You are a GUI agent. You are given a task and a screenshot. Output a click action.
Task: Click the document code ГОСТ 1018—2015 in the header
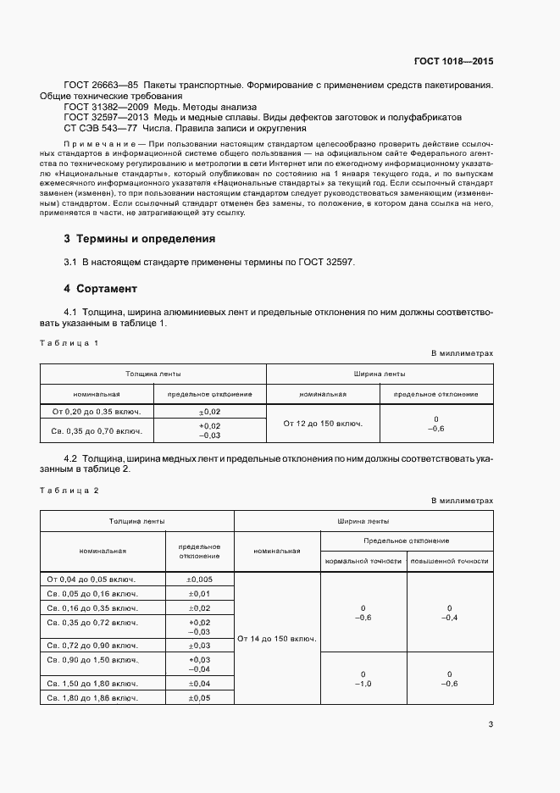tap(453, 61)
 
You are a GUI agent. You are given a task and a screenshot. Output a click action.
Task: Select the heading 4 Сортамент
tap(97, 288)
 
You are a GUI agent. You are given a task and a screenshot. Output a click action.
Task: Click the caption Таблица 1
tap(70, 343)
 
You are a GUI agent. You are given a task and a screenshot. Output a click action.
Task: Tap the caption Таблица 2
tap(70, 491)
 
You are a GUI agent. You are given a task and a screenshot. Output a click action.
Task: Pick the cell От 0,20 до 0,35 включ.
tap(97, 411)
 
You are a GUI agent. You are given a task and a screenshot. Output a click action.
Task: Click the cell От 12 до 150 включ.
tap(323, 423)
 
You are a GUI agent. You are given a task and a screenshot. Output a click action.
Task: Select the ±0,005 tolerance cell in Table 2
tap(199, 579)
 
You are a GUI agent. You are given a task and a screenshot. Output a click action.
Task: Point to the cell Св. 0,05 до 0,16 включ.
tap(91, 594)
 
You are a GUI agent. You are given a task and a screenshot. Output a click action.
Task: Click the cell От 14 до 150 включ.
tap(277, 638)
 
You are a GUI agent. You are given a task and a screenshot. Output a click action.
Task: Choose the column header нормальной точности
tap(362, 561)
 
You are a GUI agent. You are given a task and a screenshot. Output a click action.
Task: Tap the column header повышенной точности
tap(449, 561)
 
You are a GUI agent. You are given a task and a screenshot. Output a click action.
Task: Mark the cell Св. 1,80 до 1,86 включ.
tap(91, 698)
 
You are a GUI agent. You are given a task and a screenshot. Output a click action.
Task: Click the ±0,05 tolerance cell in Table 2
tap(199, 698)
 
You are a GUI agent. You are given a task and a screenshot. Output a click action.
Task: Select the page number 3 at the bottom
tap(491, 724)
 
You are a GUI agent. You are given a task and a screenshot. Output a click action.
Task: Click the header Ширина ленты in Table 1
tap(379, 373)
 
